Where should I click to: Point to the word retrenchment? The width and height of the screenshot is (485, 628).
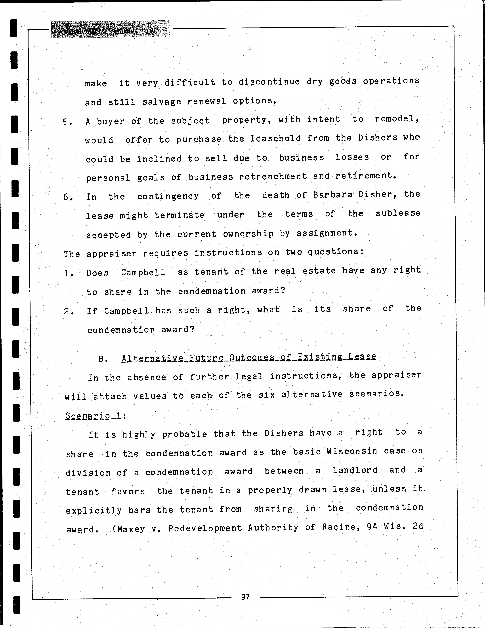coord(273,176)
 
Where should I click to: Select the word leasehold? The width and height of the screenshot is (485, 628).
coord(275,139)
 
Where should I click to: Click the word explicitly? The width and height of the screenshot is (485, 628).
coord(94,510)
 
